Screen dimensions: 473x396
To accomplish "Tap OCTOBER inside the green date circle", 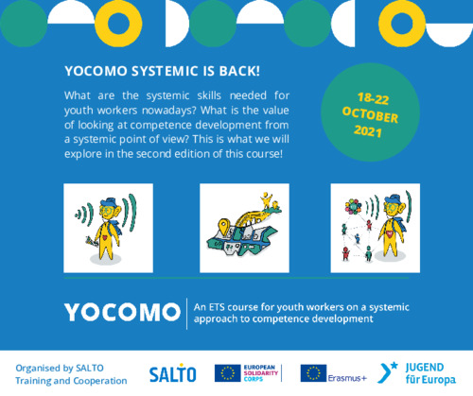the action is pyautogui.click(x=370, y=114).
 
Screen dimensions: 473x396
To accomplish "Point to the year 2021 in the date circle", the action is pyautogui.click(x=368, y=131).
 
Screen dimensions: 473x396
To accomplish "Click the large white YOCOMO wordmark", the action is pyautogui.click(x=122, y=313).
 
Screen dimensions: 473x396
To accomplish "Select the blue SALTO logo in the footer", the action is pyautogui.click(x=172, y=372).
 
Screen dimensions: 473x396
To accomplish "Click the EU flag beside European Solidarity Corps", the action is pyautogui.click(x=227, y=373).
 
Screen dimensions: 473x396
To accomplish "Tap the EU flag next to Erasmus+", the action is pyautogui.click(x=313, y=373).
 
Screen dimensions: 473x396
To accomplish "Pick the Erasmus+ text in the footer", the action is pyautogui.click(x=347, y=378).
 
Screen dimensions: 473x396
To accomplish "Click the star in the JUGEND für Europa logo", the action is pyautogui.click(x=394, y=366).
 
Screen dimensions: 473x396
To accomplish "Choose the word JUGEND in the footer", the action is pyautogui.click(x=425, y=368).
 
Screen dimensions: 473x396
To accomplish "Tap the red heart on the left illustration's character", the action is pyautogui.click(x=105, y=238).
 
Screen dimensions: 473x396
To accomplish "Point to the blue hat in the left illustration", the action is pyautogui.click(x=108, y=202).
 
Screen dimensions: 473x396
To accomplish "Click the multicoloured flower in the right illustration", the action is pyautogui.click(x=353, y=207).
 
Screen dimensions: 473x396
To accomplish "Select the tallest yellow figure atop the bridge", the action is pyautogui.click(x=267, y=200).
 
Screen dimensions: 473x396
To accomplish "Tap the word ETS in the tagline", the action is pyautogui.click(x=216, y=307).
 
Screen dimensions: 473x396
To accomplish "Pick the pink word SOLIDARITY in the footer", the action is pyautogui.click(x=261, y=373).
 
